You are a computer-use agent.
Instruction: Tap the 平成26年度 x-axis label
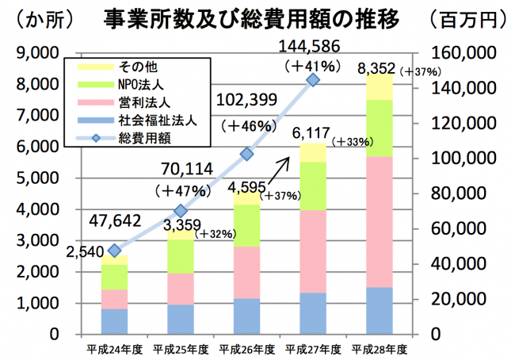[x=246, y=349]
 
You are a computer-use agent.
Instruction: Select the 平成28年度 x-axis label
[x=380, y=349]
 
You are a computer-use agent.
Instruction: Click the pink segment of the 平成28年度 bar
[x=380, y=221]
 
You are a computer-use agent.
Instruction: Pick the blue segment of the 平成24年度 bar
[x=114, y=320]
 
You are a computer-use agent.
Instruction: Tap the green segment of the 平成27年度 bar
[x=313, y=186]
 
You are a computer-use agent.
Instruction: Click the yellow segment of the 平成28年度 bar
[x=380, y=86]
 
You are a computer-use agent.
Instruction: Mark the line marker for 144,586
[x=313, y=80]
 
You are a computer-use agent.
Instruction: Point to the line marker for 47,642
[x=114, y=251]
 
